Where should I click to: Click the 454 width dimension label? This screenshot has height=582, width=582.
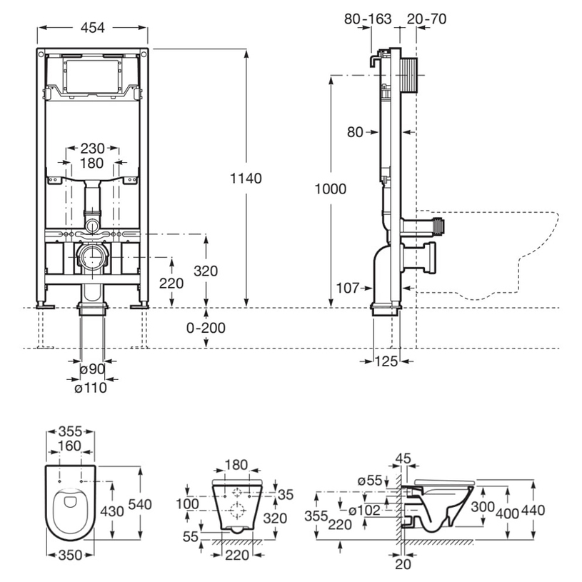coord(93,28)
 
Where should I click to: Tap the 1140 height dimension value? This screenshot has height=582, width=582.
coord(246,179)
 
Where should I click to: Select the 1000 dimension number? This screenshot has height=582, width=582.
coord(331,189)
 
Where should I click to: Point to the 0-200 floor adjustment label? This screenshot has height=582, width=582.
coord(206,328)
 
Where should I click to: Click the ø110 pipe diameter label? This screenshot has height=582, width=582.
coord(91,388)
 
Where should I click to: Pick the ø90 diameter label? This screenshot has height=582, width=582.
coord(92,369)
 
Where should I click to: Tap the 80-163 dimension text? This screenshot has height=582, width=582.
coord(368,19)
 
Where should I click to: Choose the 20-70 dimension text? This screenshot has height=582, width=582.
coord(426,19)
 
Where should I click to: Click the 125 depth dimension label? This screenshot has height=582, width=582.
coord(386,361)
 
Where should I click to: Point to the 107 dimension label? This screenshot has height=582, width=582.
coord(348,288)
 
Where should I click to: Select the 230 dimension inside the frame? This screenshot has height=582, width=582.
coord(92,149)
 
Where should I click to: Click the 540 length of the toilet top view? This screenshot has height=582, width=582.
coord(140,504)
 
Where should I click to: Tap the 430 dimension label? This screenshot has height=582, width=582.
coord(112,511)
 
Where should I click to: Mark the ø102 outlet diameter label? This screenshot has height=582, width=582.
coord(364,511)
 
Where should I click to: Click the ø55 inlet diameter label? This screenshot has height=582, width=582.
coord(370,481)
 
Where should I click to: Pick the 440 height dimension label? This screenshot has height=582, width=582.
coord(533,511)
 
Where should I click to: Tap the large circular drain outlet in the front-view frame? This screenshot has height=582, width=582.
coord(92,257)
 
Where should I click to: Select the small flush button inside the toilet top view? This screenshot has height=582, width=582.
coord(69,502)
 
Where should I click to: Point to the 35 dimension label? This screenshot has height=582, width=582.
coord(286,495)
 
